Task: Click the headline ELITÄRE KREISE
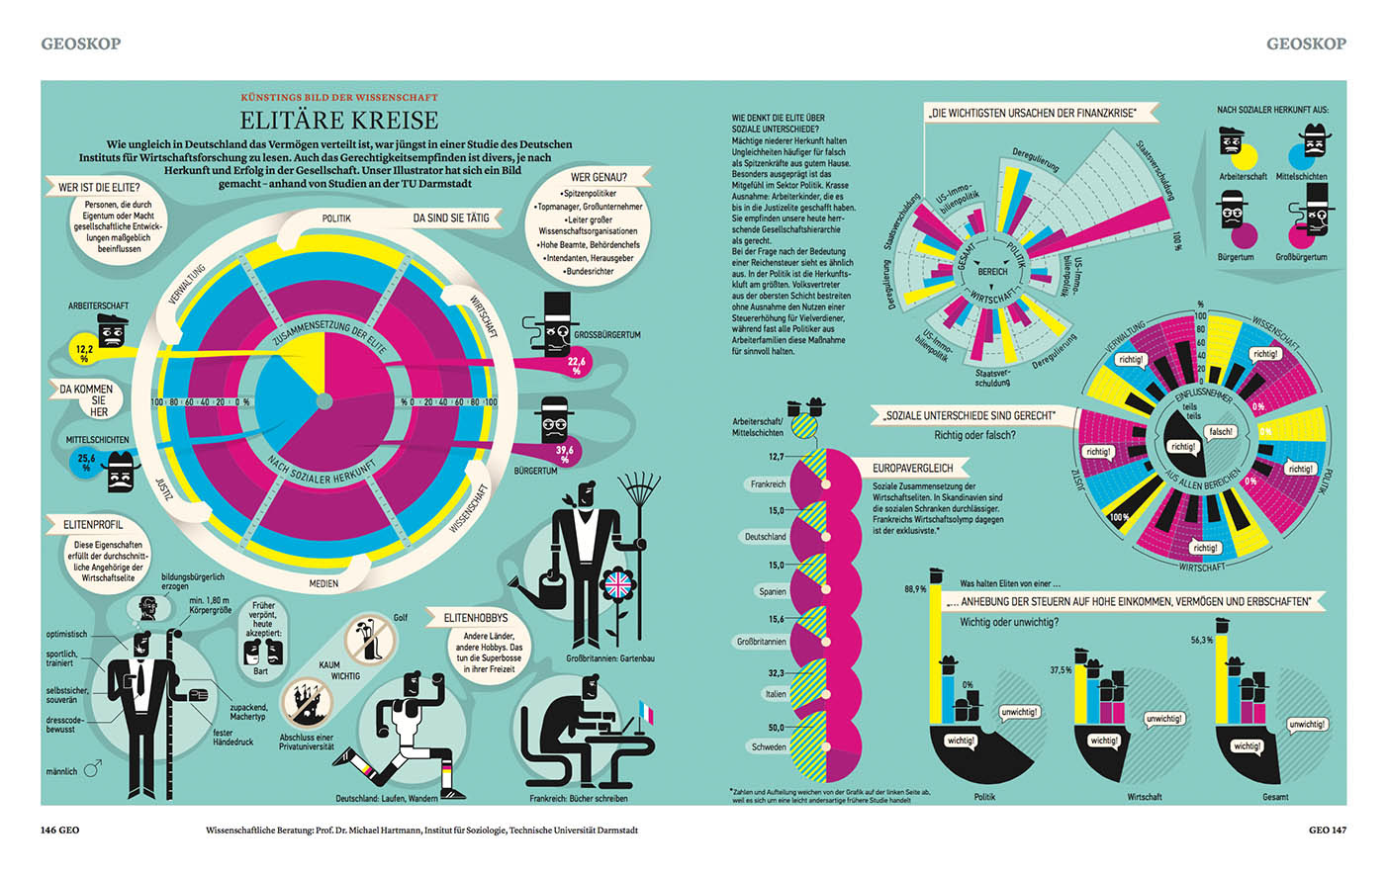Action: click(339, 121)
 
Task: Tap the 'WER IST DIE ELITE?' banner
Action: click(99, 187)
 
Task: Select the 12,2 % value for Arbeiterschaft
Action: click(84, 353)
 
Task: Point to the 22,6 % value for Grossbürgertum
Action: click(576, 366)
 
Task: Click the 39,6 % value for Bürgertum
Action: click(565, 454)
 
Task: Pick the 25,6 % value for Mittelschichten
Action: click(86, 463)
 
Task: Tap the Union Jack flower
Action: click(617, 585)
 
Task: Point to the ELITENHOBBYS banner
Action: click(475, 617)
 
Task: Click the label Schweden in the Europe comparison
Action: click(769, 747)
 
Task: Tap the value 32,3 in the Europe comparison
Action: click(776, 673)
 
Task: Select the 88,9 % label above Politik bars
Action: click(915, 589)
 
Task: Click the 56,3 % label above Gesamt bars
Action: click(1201, 641)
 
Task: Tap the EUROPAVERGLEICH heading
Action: click(912, 468)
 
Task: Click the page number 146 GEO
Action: click(59, 830)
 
